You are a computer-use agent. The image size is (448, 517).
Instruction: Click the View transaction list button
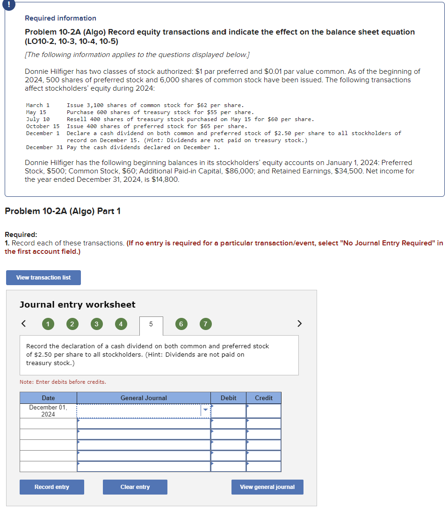click(x=43, y=278)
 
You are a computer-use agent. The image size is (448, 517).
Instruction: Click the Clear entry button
click(x=135, y=487)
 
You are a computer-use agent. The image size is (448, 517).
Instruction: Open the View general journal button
click(x=267, y=487)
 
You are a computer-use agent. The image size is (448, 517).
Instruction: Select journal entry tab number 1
click(x=47, y=323)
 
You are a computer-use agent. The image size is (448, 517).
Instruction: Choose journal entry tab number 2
click(x=72, y=323)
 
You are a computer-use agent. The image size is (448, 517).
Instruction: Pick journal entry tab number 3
click(x=96, y=323)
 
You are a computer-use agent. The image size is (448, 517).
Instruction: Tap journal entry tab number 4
click(x=121, y=323)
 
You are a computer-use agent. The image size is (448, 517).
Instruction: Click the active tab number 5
click(x=151, y=324)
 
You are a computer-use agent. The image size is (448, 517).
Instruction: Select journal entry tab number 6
click(x=181, y=323)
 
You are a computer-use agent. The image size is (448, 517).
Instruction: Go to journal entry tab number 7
click(x=205, y=323)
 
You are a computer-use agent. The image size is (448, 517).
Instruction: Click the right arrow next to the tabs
click(x=300, y=323)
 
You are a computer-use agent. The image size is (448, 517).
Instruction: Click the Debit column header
click(x=228, y=398)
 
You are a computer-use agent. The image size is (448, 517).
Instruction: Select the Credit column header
click(x=264, y=398)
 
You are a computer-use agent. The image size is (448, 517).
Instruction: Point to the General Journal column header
click(x=144, y=398)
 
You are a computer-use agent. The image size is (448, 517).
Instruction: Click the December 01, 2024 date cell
click(x=48, y=411)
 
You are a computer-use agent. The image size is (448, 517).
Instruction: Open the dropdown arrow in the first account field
click(x=205, y=410)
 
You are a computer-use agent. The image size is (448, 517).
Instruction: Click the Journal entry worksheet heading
click(x=78, y=304)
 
